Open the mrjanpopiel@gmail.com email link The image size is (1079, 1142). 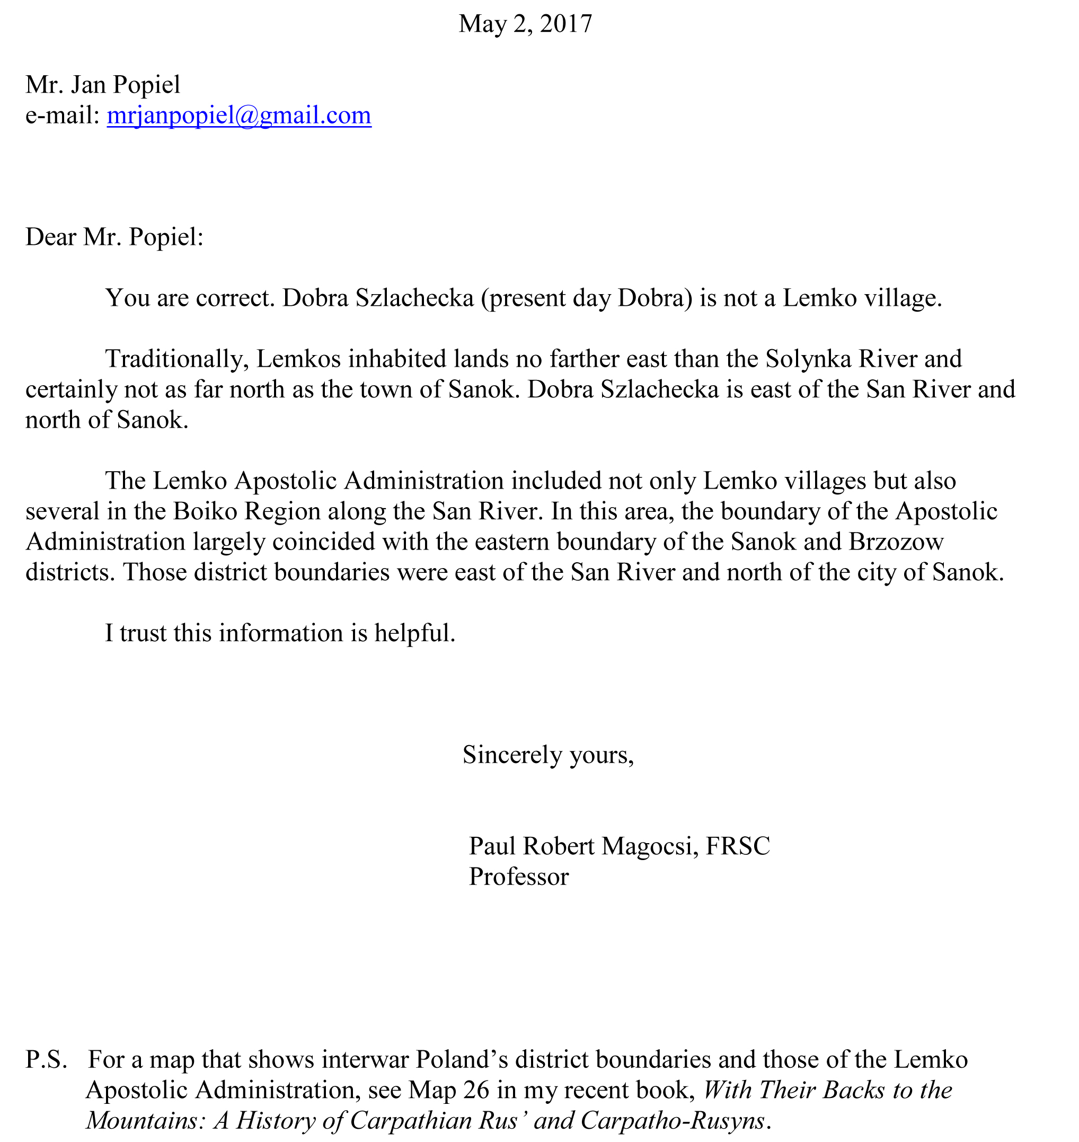(238, 116)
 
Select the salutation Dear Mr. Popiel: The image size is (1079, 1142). (114, 237)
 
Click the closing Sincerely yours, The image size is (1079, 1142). (548, 755)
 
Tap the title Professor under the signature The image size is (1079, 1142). (519, 877)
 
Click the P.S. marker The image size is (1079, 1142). (46, 1059)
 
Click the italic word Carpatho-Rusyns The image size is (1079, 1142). (674, 1120)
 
